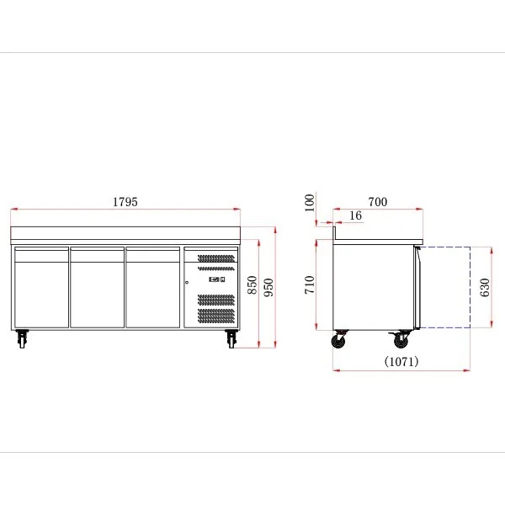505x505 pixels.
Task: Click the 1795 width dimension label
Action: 125,202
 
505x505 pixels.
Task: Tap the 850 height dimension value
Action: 252,284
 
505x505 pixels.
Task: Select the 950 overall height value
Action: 268,287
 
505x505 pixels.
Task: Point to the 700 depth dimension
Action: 377,202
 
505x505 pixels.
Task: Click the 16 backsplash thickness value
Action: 355,215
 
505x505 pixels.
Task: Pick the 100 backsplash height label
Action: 309,203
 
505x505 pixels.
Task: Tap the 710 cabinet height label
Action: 309,284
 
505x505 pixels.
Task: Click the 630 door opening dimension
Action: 485,287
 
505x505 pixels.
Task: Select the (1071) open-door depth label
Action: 401,361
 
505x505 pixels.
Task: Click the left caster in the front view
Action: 22,338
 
